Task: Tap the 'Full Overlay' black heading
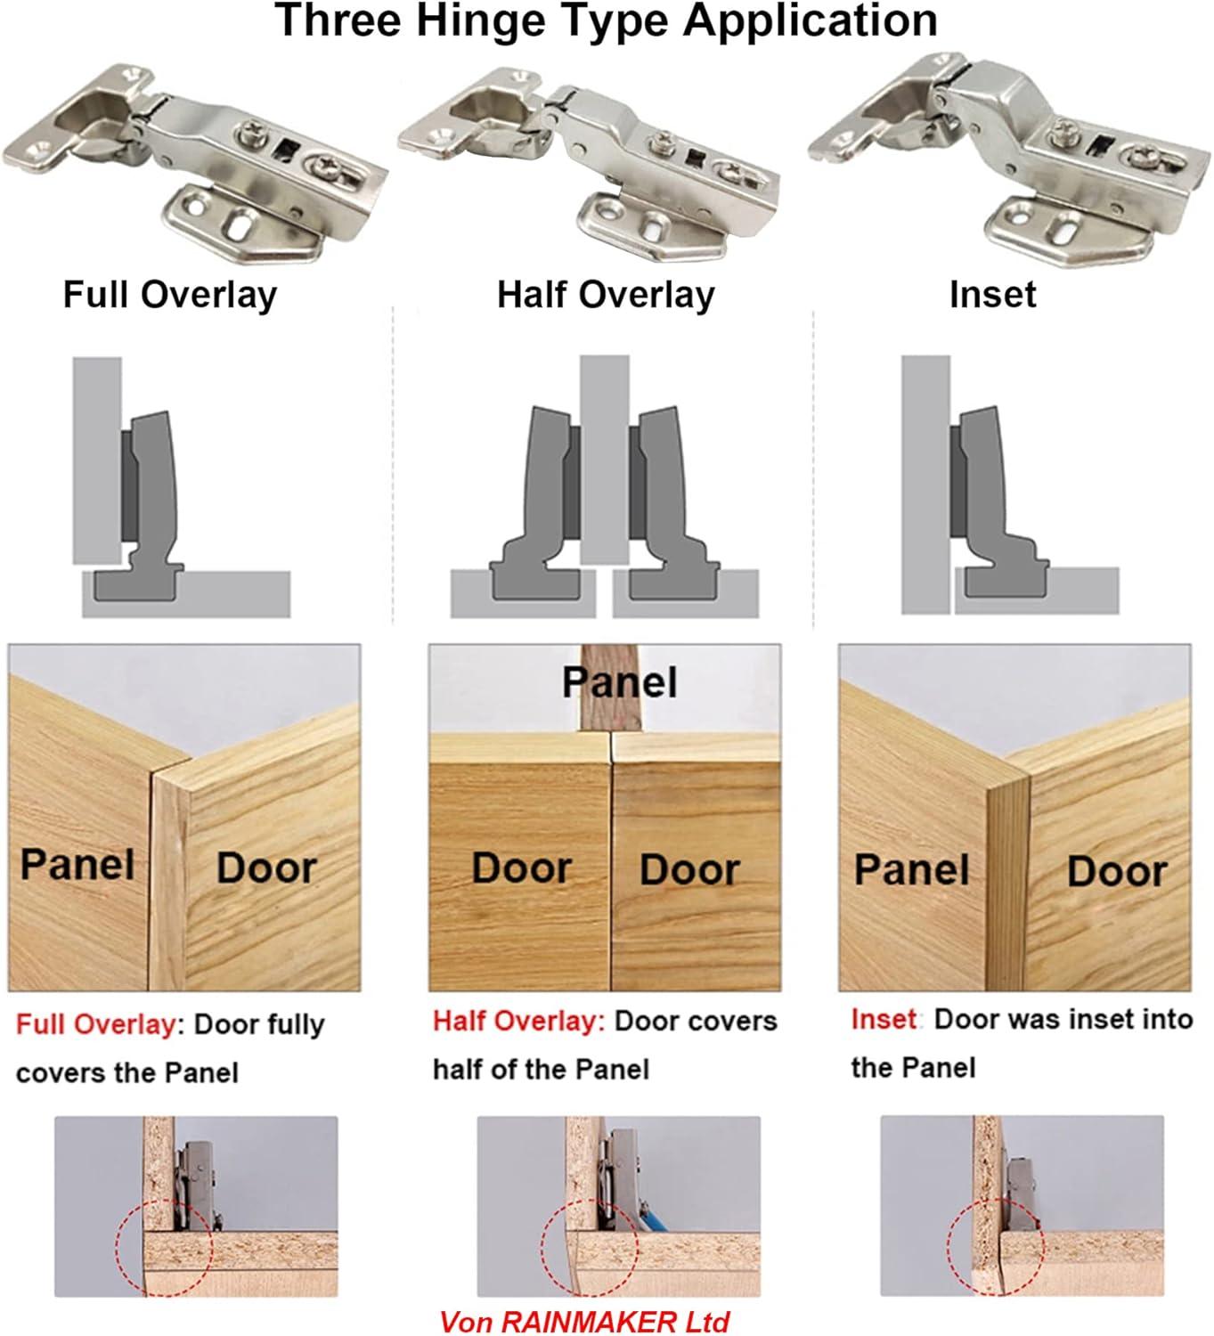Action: point(169,295)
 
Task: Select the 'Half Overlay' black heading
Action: point(606,295)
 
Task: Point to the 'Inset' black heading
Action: point(992,295)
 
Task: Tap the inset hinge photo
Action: point(998,160)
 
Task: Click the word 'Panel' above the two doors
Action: point(619,683)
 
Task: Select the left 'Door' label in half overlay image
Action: point(521,868)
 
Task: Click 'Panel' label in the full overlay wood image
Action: point(77,865)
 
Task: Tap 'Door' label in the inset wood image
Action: point(1117,872)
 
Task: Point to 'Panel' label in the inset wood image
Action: point(911,870)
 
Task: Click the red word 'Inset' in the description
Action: point(884,1019)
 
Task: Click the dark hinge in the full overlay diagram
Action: point(148,499)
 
